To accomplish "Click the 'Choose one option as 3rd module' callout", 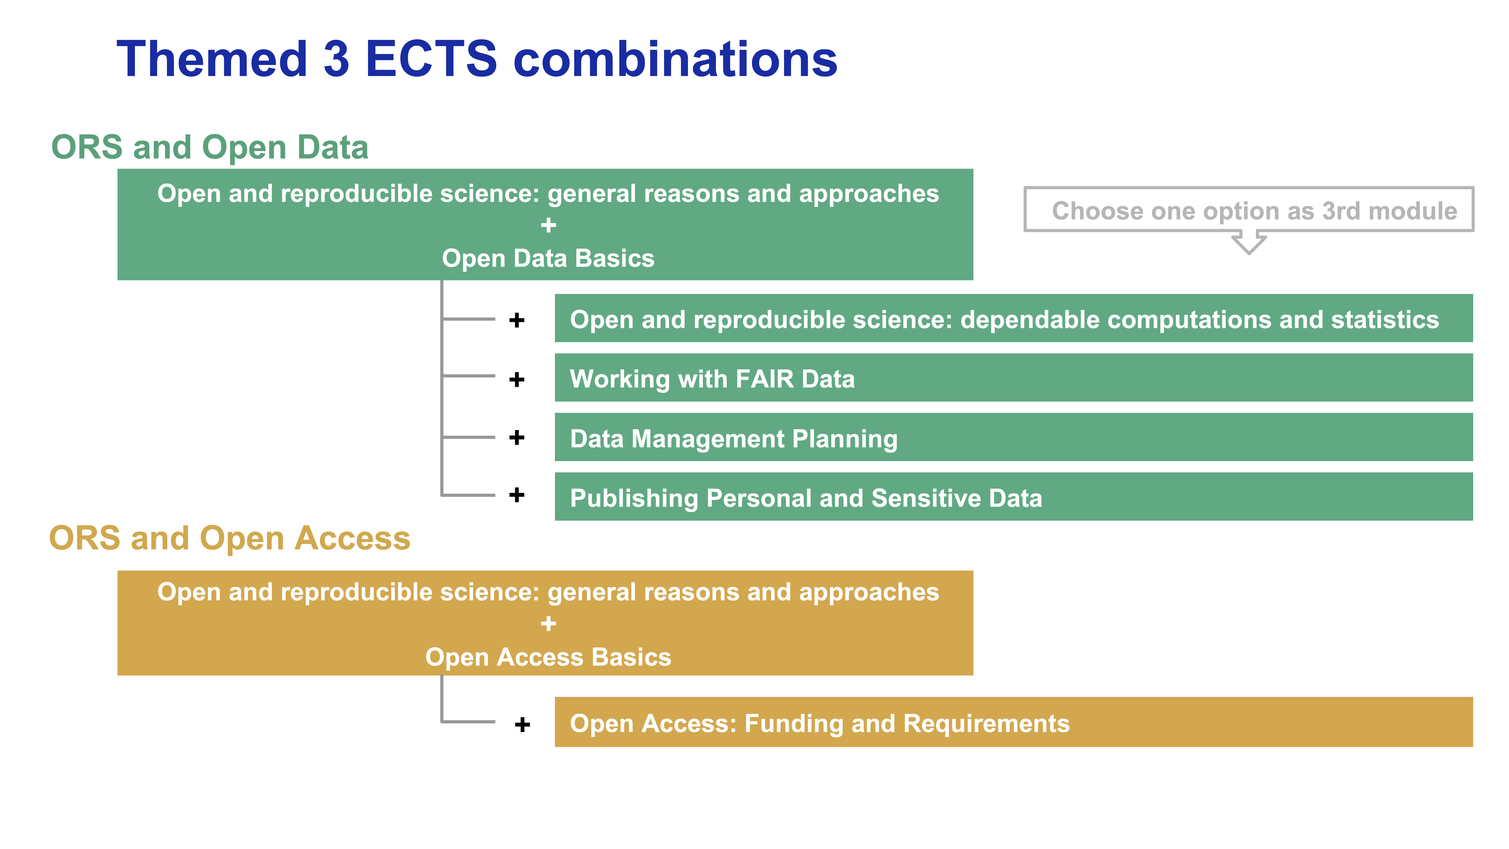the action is [x=1249, y=210].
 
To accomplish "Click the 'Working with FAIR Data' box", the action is [x=1013, y=378].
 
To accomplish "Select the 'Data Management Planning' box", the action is [x=1013, y=437].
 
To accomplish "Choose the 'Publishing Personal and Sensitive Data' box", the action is [x=1013, y=497].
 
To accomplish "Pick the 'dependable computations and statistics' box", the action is [x=1013, y=318].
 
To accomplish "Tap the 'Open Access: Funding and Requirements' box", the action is [x=1013, y=722].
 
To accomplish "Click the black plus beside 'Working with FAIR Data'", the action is [x=517, y=380].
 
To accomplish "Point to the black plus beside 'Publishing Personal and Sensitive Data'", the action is [x=517, y=495].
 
